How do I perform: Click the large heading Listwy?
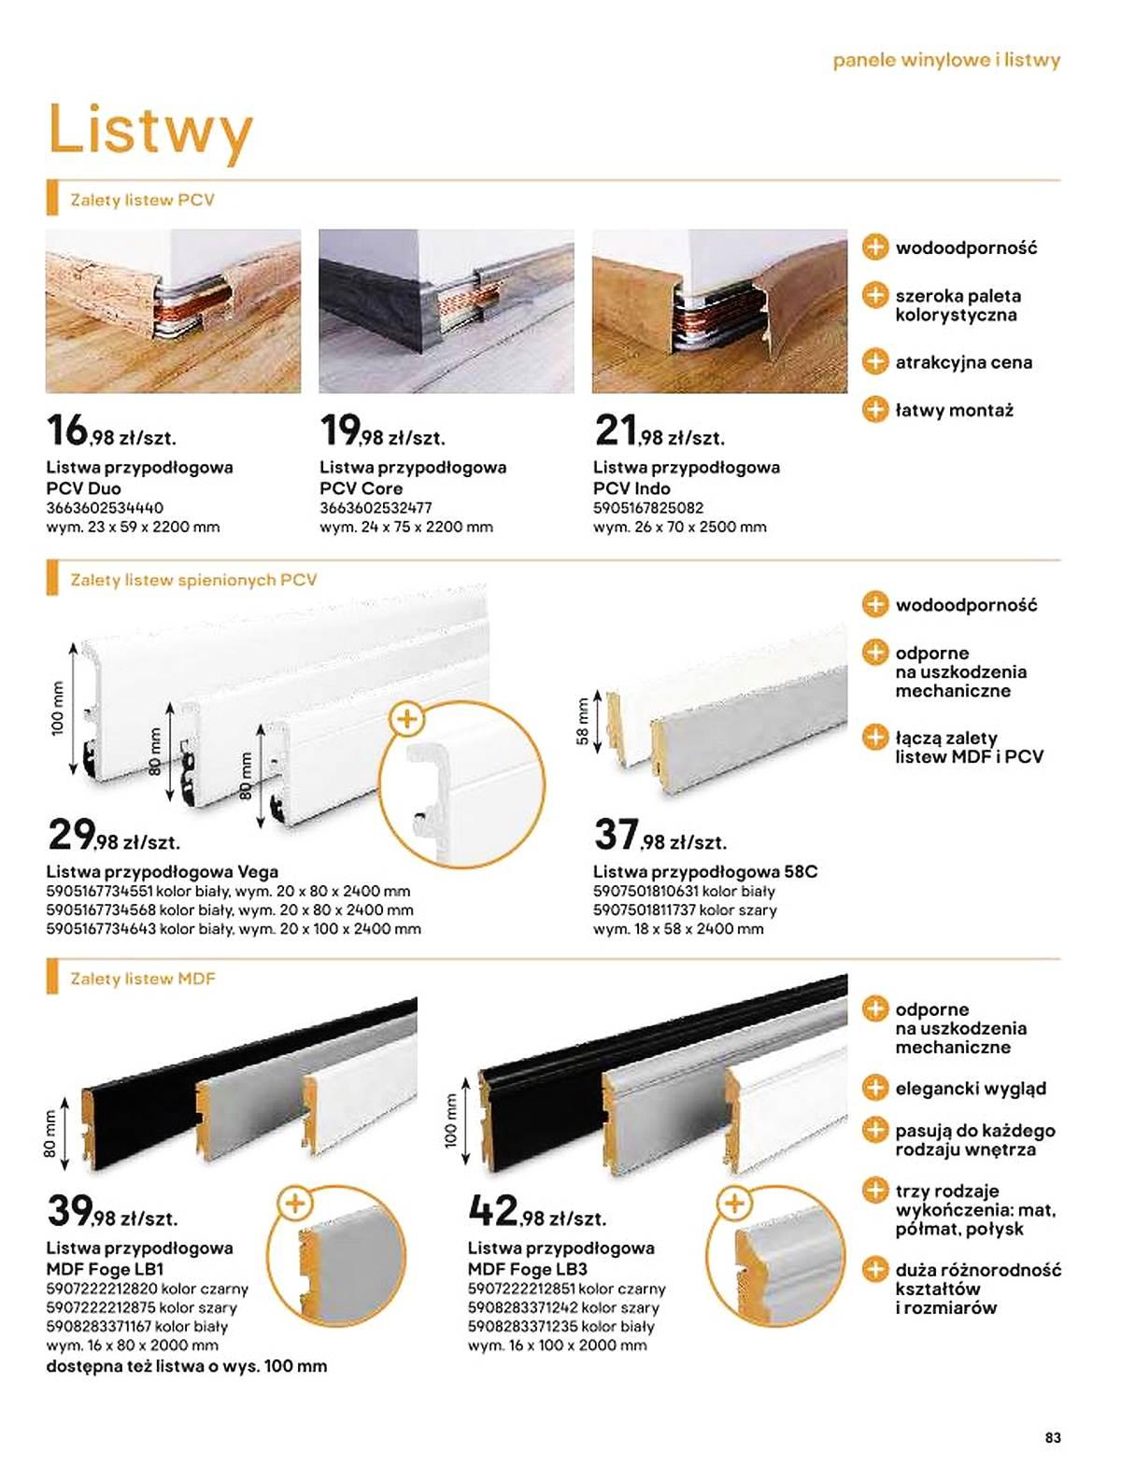150,132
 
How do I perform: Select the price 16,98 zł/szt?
111,431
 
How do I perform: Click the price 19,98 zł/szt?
382,431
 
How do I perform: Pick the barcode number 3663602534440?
105,508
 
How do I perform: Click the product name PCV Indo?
631,488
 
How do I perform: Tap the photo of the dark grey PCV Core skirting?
447,311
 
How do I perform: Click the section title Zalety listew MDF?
142,979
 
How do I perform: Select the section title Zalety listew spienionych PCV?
193,580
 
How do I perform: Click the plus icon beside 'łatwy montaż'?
874,410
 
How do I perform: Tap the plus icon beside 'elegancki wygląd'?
874,1089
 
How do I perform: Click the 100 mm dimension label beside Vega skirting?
57,708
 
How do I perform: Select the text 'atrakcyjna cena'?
963,362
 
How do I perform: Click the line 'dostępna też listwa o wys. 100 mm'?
187,1366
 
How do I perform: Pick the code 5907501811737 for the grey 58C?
645,909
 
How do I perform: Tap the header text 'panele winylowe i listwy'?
946,61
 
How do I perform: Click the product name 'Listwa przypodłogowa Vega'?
163,872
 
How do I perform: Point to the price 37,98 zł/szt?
660,836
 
